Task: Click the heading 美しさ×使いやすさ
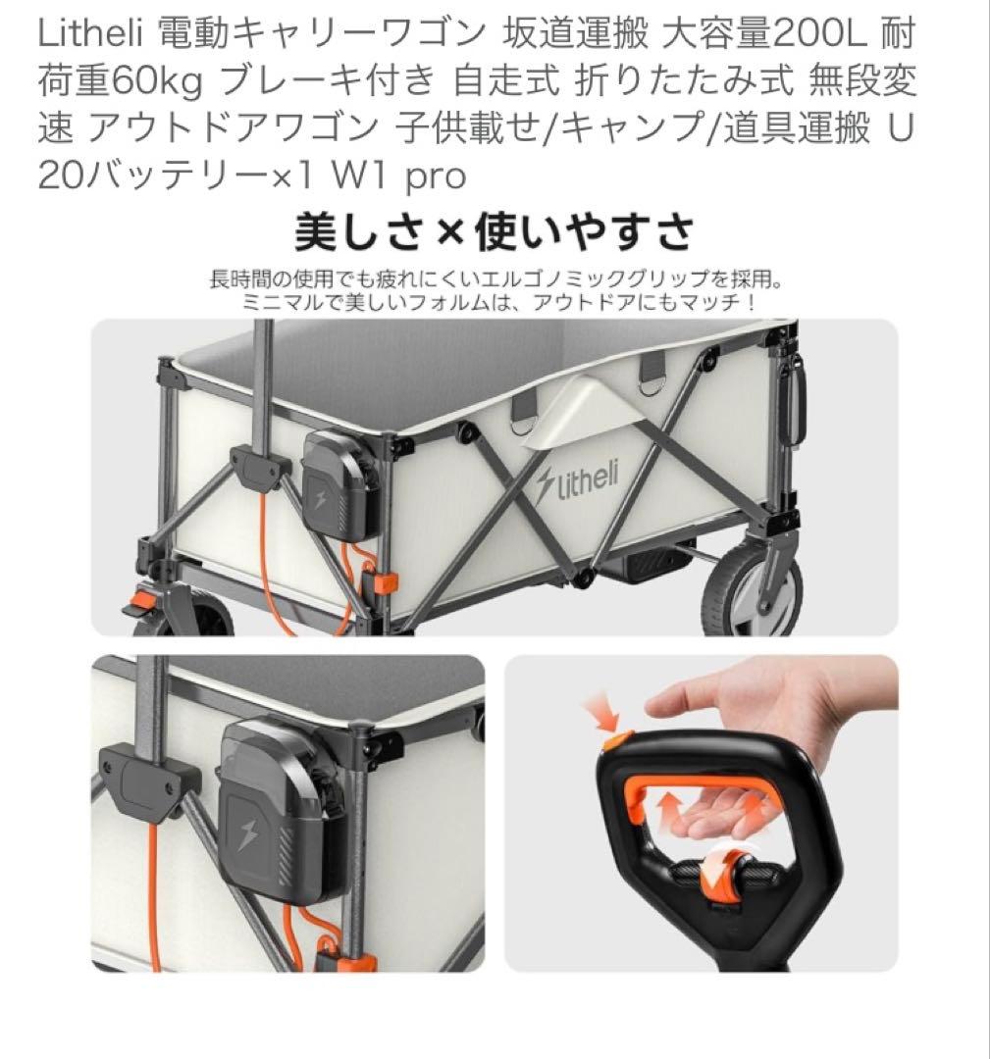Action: (x=495, y=233)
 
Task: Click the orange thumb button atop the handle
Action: (x=615, y=733)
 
